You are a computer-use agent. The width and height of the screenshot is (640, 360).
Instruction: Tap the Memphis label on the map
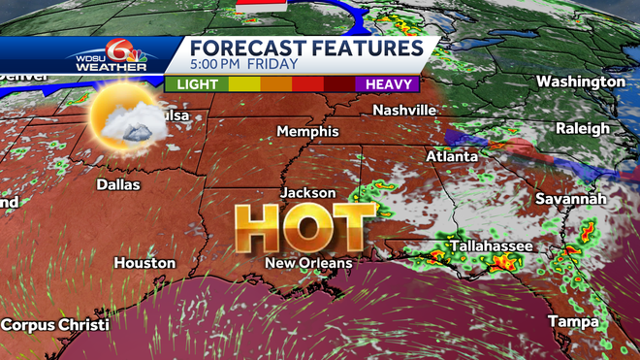pyautogui.click(x=307, y=131)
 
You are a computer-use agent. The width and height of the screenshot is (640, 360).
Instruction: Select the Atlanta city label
pyautogui.click(x=452, y=156)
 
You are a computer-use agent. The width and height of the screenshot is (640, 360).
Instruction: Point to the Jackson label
pyautogui.click(x=307, y=193)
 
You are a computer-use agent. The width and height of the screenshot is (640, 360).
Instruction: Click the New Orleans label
pyautogui.click(x=310, y=263)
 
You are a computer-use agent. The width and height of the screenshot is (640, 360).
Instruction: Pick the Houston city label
pyautogui.click(x=144, y=263)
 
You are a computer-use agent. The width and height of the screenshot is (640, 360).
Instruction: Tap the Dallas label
pyautogui.click(x=118, y=184)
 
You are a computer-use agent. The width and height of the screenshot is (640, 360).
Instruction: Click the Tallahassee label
pyautogui.click(x=491, y=246)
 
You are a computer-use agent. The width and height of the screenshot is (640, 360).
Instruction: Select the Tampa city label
pyautogui.click(x=572, y=320)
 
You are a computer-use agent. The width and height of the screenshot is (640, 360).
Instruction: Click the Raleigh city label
pyautogui.click(x=583, y=128)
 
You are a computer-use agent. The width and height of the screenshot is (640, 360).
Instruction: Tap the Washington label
pyautogui.click(x=581, y=82)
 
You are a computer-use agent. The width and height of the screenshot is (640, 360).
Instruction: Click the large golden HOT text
pyautogui.click(x=306, y=229)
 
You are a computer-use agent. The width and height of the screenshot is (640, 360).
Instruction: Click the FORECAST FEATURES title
pyautogui.click(x=305, y=49)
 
